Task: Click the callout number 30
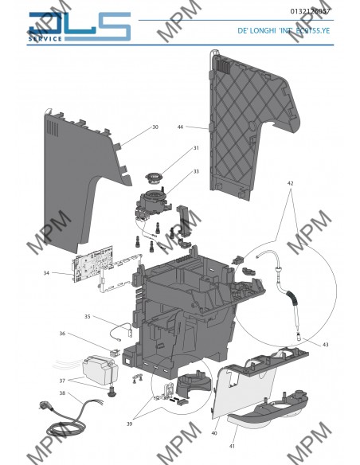tap(155, 127)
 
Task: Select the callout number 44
tap(181, 127)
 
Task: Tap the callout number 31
tap(195, 148)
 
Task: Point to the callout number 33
tap(195, 171)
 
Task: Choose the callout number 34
tap(46, 272)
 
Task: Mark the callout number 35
tap(88, 316)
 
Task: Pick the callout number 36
tap(62, 334)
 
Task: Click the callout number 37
tap(62, 380)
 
